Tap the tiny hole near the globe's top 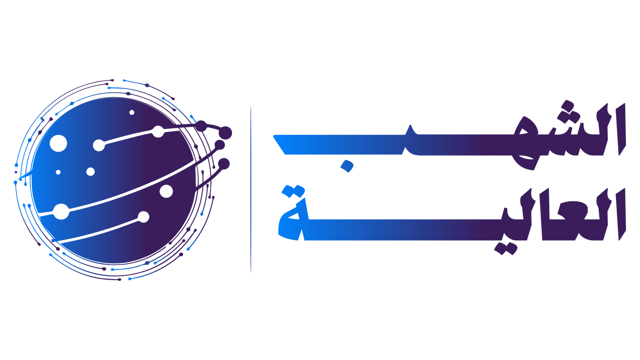pyautogui.click(x=132, y=112)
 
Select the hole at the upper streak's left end pyautogui.click(x=98, y=145)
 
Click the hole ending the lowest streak pyautogui.click(x=143, y=217)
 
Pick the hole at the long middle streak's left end pyautogui.click(x=61, y=211)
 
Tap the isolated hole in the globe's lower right pyautogui.click(x=166, y=191)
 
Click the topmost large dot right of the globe pyautogui.click(x=225, y=132)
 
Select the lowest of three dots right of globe pyautogui.click(x=224, y=164)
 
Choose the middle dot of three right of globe pyautogui.click(x=220, y=145)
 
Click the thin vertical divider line pyautogui.click(x=251, y=190)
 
